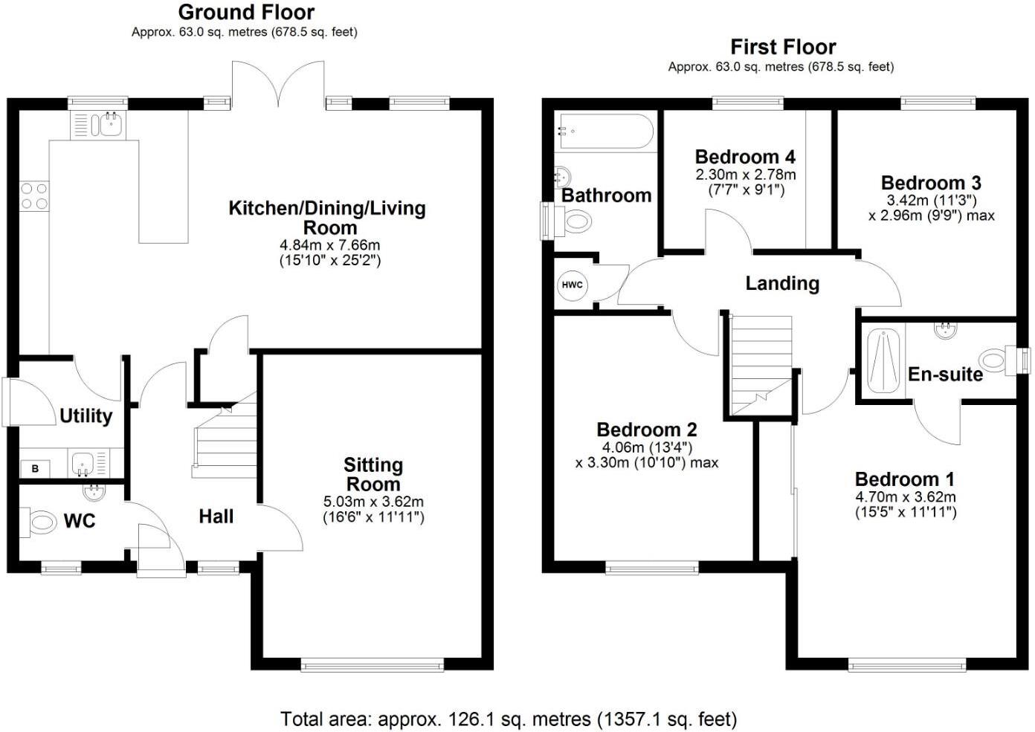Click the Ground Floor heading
coord(246,13)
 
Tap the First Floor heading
coord(783,47)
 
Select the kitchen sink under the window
coord(100,125)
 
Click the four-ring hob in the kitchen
coord(34,195)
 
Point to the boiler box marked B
coord(35,468)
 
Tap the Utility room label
coord(86,415)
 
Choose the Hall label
coord(216,516)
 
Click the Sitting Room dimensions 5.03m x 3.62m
coord(373,502)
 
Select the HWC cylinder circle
coord(572,285)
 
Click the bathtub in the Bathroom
coord(606,132)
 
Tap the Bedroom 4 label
coord(745,157)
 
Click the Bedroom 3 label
coord(931,183)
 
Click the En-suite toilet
coord(992,359)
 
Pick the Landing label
coord(782,283)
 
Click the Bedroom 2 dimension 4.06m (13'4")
coord(646,447)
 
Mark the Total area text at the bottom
coord(509,719)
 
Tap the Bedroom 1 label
coord(905,479)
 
